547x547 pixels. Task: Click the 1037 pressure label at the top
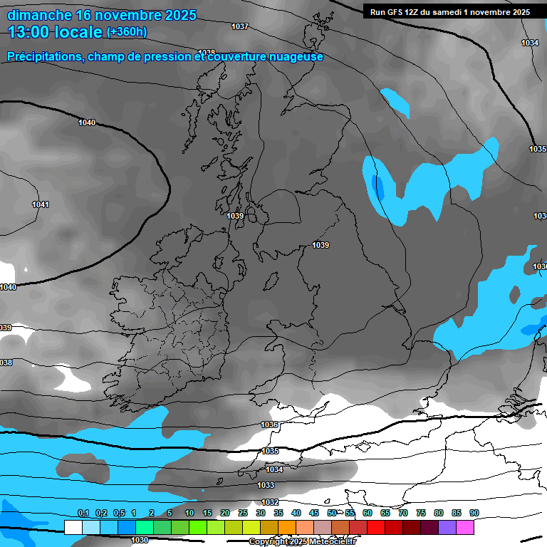coord(240,26)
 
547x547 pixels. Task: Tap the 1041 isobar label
coord(41,205)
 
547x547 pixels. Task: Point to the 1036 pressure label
coord(269,424)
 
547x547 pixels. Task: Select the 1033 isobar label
coord(266,485)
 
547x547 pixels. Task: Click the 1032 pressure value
coord(270,502)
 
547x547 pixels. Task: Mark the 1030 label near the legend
coord(140,540)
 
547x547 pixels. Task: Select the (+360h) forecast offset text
coord(126,32)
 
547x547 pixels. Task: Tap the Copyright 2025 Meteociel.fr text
coord(302,542)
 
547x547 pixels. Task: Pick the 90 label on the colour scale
coord(474,513)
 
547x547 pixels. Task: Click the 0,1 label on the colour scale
coord(83,513)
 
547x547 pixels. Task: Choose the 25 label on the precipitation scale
coord(243,513)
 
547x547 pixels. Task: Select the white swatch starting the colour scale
coord(73,527)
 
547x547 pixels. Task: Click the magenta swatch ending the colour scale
coord(464,527)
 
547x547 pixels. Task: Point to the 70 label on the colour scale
coord(403,513)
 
